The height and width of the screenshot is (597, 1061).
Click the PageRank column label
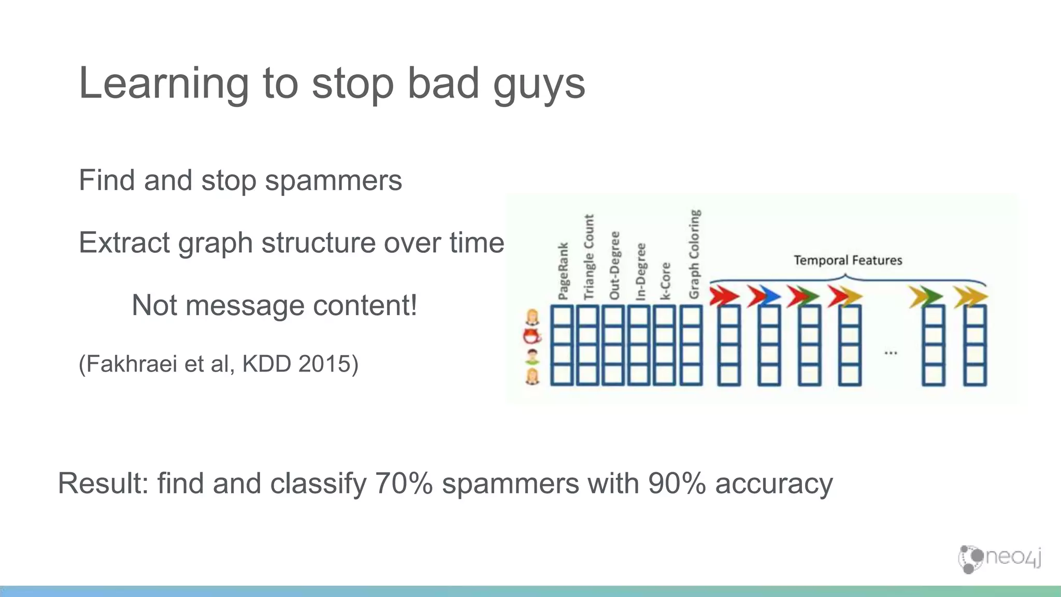[563, 271]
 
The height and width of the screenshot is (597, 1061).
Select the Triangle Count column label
[589, 257]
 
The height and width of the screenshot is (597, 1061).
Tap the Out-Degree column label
[614, 265]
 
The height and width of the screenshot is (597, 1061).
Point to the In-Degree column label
[640, 272]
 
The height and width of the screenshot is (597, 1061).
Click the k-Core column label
[666, 281]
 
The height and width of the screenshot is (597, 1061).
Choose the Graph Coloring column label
[694, 254]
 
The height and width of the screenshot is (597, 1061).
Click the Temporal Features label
[848, 260]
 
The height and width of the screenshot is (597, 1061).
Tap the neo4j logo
[999, 559]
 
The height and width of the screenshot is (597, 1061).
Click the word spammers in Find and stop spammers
[333, 180]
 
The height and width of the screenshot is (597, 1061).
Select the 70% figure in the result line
[404, 483]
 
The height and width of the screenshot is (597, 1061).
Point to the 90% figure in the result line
[677, 483]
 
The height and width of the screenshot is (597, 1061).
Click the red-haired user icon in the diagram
[532, 336]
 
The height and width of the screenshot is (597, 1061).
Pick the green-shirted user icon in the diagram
[532, 357]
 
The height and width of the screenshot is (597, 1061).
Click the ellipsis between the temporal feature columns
[891, 353]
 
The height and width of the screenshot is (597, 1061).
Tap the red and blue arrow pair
[764, 296]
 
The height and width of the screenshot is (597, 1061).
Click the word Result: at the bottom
[103, 483]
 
